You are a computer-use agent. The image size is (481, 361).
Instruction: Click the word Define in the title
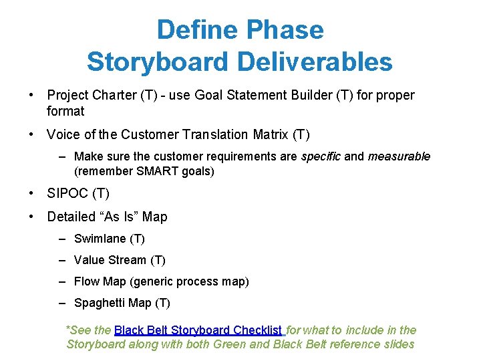198,30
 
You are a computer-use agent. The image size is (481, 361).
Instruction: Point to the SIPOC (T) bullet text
78,194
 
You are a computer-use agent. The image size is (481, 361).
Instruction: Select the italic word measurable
399,156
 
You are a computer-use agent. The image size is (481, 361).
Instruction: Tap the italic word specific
321,156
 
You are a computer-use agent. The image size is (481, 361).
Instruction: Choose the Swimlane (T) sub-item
109,239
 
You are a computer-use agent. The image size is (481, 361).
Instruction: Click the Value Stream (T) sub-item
120,260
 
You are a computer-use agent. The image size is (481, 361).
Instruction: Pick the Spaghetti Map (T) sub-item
122,303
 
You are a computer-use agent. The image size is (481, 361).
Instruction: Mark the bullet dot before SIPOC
31,194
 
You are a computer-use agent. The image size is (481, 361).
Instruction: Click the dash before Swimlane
62,239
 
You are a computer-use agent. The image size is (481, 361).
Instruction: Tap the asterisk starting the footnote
67,329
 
